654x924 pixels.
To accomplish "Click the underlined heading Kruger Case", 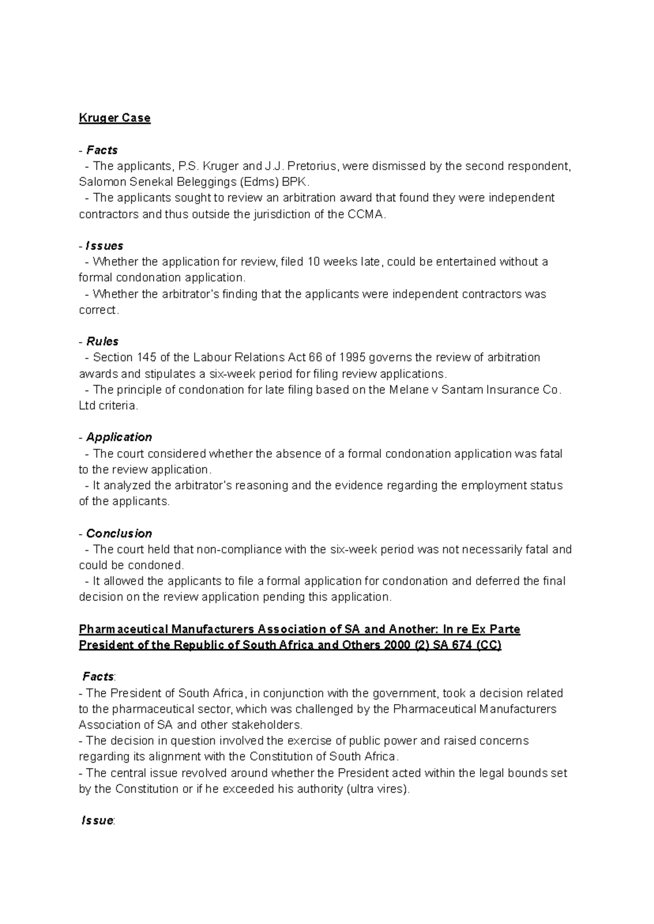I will (114, 118).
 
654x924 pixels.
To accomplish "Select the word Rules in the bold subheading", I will (102, 341).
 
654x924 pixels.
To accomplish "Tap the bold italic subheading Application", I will (119, 437).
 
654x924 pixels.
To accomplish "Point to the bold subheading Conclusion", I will (119, 533).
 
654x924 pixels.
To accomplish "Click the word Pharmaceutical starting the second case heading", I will (123, 629).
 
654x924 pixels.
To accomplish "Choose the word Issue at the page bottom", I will (97, 821).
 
